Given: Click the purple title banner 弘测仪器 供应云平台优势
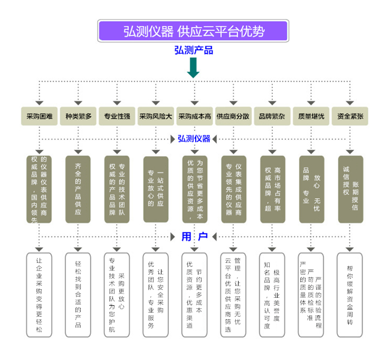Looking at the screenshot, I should click(x=193, y=31).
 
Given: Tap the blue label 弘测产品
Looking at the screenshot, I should click(x=194, y=51).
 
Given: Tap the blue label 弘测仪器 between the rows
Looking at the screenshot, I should click(x=194, y=139).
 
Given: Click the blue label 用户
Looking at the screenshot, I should click(x=194, y=237).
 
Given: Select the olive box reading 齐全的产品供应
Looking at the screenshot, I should click(x=78, y=189).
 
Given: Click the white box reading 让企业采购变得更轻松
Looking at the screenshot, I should click(x=39, y=295).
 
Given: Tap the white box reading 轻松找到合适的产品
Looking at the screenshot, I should click(x=78, y=295).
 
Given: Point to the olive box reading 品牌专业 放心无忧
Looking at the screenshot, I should click(x=311, y=189).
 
